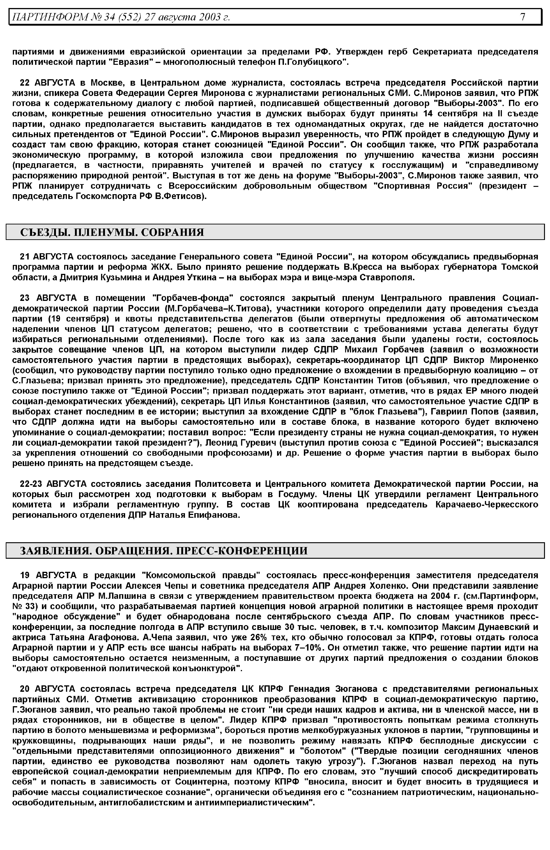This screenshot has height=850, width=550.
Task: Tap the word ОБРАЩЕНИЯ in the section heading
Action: (132, 551)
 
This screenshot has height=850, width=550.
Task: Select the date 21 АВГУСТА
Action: (47, 256)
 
